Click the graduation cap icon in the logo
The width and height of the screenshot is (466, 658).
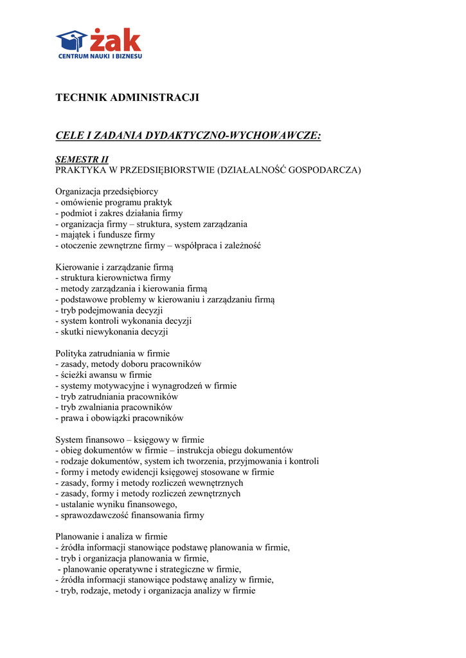point(71,40)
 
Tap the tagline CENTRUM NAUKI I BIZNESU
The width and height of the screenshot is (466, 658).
point(100,57)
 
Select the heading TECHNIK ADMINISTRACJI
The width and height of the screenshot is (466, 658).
point(127,98)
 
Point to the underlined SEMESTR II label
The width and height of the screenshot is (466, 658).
point(82,159)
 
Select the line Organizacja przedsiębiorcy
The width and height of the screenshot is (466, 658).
point(107,191)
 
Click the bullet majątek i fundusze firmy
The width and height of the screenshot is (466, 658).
point(105,235)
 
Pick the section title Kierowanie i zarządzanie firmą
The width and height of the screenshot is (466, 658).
point(114,267)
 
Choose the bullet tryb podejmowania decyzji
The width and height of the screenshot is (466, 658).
point(109,310)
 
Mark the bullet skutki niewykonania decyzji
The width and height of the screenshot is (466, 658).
point(112,332)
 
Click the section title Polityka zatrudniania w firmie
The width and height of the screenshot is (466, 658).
point(112,353)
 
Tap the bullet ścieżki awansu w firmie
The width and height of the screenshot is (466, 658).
point(103,375)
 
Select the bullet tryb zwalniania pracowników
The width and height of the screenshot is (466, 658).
point(114,407)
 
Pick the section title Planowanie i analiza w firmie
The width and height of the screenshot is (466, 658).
point(111,537)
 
